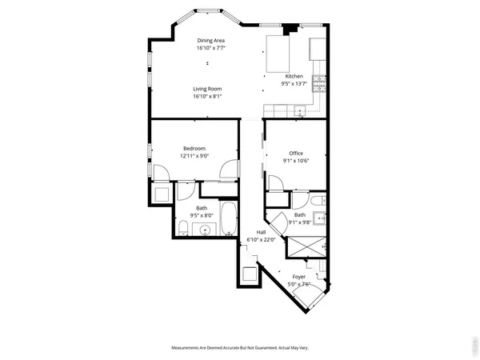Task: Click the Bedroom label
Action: click(194, 148)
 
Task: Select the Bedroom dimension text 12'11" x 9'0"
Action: click(194, 156)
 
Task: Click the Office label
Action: click(295, 153)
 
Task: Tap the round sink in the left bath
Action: click(206, 230)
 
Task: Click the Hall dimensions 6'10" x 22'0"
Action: click(260, 239)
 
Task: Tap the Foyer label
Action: click(298, 276)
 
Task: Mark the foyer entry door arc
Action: click(320, 284)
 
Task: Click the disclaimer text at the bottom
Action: click(239, 347)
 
